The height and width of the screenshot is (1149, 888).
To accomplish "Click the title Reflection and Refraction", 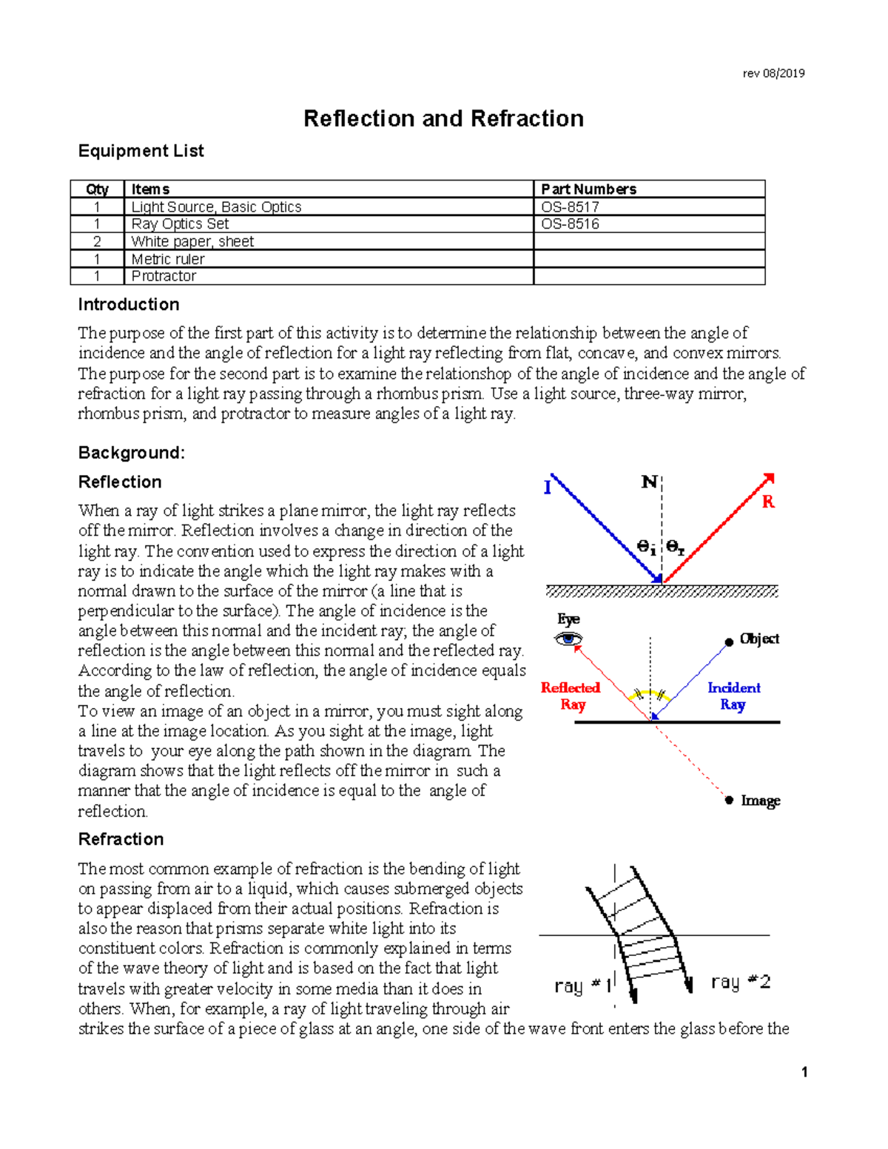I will (x=443, y=118).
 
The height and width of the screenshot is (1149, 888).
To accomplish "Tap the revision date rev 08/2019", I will (x=773, y=73).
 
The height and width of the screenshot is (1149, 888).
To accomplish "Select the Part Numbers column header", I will (x=588, y=189).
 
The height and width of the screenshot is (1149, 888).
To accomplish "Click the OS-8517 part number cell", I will (x=570, y=207).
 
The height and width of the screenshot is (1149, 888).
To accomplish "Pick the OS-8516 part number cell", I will (x=570, y=224).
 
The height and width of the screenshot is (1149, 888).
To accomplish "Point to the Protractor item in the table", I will (x=164, y=276).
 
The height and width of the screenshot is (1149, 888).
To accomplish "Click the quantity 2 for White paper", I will (x=97, y=242).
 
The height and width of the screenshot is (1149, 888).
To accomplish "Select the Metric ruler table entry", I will (x=168, y=259).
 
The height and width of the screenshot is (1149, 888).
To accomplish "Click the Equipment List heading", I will (x=141, y=151).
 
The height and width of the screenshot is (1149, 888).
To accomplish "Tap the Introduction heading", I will (x=129, y=305).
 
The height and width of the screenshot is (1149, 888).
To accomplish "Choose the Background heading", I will (x=131, y=453).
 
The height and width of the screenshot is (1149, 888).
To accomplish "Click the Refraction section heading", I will (x=121, y=839).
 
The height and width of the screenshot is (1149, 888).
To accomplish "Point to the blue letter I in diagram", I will (x=548, y=488).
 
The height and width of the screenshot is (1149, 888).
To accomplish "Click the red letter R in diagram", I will (x=768, y=502).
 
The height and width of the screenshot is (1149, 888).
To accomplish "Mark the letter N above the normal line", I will (x=649, y=482).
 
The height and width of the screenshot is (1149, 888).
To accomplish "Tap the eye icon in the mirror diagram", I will (x=568, y=639).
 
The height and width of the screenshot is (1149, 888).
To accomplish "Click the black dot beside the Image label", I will (x=729, y=800).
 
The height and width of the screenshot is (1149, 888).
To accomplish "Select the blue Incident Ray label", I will (x=733, y=696).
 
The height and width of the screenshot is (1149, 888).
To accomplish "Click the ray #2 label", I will (x=740, y=983).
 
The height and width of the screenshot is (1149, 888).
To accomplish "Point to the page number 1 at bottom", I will (x=804, y=1072).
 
